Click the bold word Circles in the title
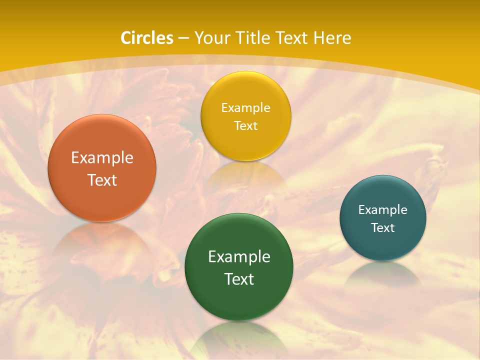point(147,38)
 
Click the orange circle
point(102,197)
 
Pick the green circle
point(238,300)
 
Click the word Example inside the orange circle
point(102,158)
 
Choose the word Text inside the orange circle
point(102,180)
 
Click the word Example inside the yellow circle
point(245,107)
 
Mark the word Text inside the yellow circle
point(245,125)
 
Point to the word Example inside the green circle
point(238,256)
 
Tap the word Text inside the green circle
point(238,279)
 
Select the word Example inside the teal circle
point(383,210)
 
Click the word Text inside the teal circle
point(383,228)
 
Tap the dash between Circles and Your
point(183,38)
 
